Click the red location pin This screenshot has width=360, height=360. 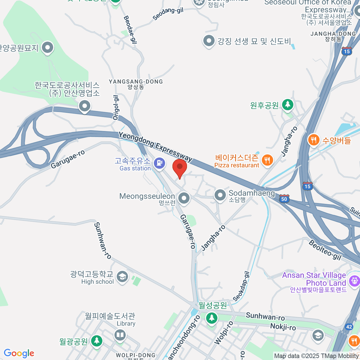[x=180, y=167]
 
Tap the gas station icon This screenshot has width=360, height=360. [x=159, y=163]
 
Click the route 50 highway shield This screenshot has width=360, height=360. [x=284, y=199]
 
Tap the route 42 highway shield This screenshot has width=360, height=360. [x=349, y=327]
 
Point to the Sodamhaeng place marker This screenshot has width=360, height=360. [x=220, y=195]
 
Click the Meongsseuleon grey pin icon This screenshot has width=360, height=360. [x=184, y=198]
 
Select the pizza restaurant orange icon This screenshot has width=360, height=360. [x=267, y=160]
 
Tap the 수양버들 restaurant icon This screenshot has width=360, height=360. [x=313, y=139]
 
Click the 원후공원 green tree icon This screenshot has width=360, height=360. [x=288, y=105]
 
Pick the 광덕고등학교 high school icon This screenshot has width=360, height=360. [x=122, y=277]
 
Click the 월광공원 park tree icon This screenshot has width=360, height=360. [x=96, y=341]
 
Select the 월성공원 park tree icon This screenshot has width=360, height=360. [x=212, y=317]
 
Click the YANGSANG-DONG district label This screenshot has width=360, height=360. [x=136, y=82]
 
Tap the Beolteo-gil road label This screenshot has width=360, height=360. [x=325, y=250]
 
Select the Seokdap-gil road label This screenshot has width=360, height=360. [x=241, y=286]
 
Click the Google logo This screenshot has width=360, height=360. [x=19, y=353]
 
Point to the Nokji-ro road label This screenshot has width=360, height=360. [x=283, y=327]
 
